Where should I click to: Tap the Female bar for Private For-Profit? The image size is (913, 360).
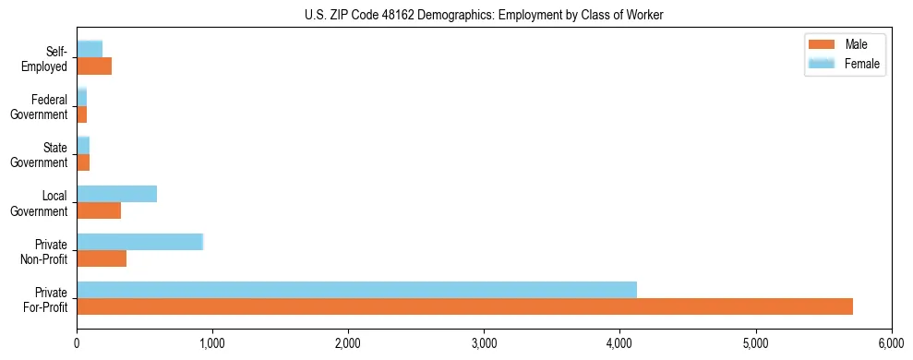point(356,290)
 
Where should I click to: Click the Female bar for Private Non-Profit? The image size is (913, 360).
point(139,242)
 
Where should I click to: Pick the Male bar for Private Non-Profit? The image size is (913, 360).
point(102,258)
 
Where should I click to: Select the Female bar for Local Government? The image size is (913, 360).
point(116,194)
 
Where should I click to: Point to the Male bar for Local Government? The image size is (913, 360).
point(99,210)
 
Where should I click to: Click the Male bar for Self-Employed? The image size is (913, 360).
point(94,66)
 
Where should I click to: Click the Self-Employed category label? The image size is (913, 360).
point(44,58)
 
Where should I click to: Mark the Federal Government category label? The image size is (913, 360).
point(40,106)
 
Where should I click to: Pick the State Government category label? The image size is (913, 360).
point(40,154)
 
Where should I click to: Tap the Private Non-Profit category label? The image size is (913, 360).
point(42,250)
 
